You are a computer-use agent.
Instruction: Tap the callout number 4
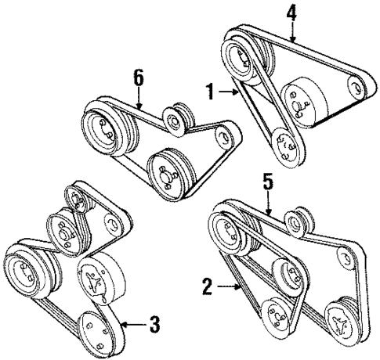(x=293, y=13)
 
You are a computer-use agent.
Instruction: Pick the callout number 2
(x=207, y=287)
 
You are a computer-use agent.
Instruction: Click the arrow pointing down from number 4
(x=293, y=32)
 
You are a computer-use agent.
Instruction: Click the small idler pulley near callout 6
(x=174, y=118)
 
